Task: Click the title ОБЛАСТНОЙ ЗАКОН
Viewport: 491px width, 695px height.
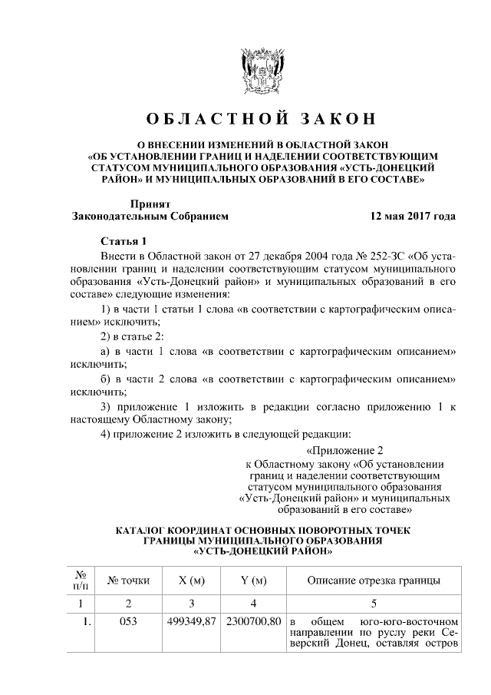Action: pos(262,119)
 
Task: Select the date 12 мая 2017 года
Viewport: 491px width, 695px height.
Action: pos(413,217)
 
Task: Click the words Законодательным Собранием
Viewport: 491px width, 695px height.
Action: pos(150,217)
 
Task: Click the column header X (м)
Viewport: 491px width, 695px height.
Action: pos(192,580)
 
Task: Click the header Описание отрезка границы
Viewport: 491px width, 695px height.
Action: pos(373,580)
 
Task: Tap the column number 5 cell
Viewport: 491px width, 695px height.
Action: pos(373,601)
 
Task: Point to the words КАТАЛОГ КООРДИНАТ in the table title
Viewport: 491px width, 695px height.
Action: pos(192,531)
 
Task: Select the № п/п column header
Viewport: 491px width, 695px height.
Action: pos(81,580)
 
